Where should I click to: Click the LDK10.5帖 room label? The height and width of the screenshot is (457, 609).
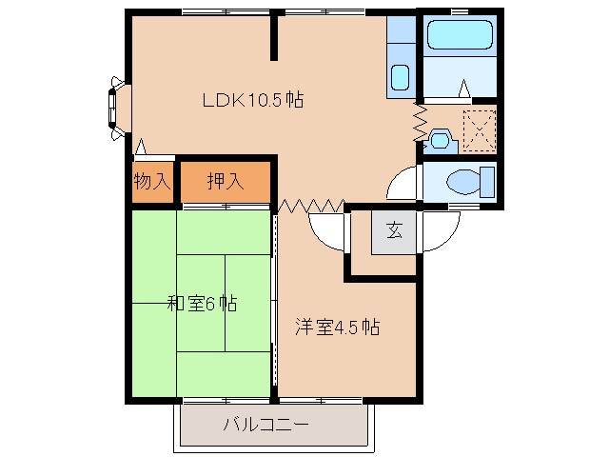tap(253, 100)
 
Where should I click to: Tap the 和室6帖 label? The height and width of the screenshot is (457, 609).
tap(202, 303)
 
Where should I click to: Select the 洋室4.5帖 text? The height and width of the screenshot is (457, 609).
tap(337, 327)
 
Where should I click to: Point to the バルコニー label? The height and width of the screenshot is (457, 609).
tap(266, 425)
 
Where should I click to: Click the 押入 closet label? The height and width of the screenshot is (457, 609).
tap(226, 181)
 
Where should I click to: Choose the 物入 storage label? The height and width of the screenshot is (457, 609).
tap(152, 181)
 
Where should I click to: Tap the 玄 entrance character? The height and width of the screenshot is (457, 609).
tap(394, 230)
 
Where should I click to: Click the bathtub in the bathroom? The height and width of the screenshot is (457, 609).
tap(460, 34)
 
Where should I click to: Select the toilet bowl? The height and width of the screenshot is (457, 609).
tap(464, 182)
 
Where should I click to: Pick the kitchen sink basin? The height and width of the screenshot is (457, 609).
tap(400, 77)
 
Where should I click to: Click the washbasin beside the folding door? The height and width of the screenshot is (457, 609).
tap(439, 140)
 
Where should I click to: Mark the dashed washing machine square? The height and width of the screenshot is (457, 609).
tap(480, 130)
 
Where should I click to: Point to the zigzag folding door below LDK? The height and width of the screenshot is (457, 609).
tap(311, 206)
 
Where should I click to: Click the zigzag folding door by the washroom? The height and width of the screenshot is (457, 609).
tap(421, 122)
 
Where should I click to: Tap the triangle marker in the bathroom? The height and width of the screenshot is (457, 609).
tap(463, 89)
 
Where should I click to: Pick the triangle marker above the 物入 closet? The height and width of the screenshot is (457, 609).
tap(141, 147)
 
